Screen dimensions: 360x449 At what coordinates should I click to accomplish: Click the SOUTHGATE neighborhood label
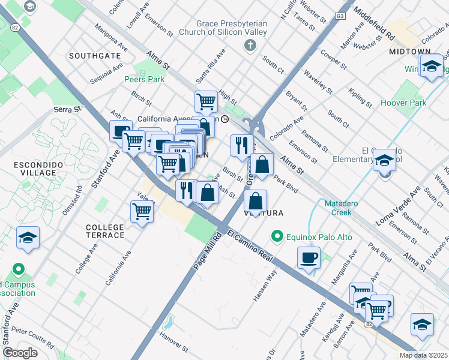94,56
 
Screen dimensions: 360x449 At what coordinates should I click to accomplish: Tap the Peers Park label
144,79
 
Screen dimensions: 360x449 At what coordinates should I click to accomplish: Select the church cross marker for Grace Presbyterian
250,45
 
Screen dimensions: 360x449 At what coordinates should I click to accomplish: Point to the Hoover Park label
403,103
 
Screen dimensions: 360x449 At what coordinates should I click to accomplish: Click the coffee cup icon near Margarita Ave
309,258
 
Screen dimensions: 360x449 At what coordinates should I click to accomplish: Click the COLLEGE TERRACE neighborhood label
105,231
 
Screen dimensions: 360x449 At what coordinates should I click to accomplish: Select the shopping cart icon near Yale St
142,211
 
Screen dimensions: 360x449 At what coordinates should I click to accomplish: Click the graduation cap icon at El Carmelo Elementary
384,160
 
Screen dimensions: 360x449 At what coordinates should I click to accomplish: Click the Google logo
19,353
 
